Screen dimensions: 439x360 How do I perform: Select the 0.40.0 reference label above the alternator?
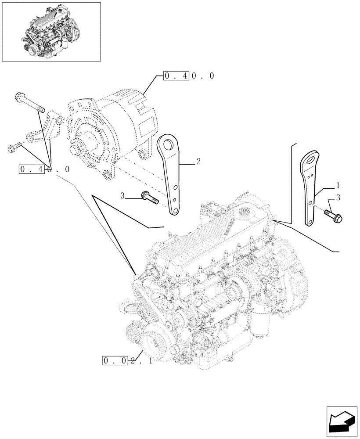click(189, 76)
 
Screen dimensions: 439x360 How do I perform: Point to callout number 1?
click(338, 185)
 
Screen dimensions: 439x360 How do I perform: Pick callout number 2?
click(198, 162)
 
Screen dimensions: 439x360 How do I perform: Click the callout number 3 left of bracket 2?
click(122, 194)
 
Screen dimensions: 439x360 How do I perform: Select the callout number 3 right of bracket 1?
click(338, 198)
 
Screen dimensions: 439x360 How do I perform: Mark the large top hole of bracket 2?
click(167, 143)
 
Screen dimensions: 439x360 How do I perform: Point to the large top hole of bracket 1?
click(312, 158)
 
